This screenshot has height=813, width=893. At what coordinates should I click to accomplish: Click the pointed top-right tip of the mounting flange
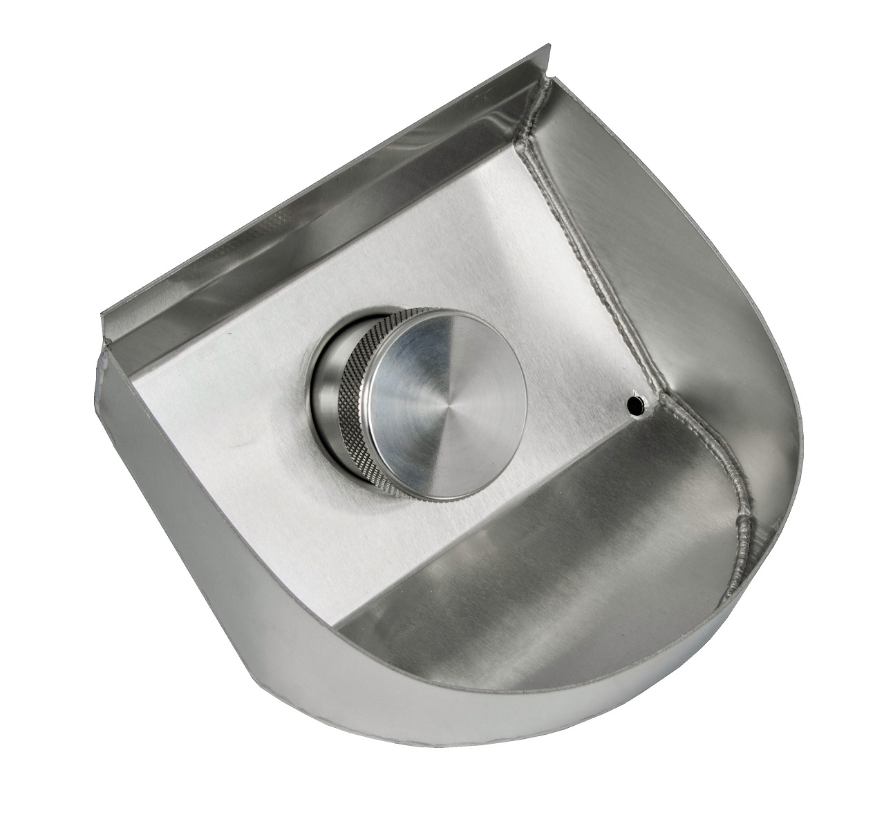550,47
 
